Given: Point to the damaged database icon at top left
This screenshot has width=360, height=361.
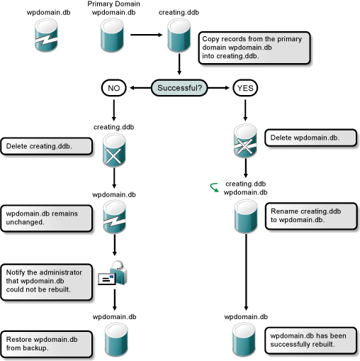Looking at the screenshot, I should (42, 36).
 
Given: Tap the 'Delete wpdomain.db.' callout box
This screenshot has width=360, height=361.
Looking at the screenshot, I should (300, 137).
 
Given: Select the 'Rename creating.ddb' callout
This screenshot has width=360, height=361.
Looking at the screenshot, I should (302, 216).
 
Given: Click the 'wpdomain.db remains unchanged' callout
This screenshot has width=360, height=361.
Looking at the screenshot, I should (47, 217).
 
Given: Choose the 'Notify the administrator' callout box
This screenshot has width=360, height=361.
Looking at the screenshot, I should (47, 280).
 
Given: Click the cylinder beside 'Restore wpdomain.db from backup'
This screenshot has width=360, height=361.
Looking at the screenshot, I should (114, 340).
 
